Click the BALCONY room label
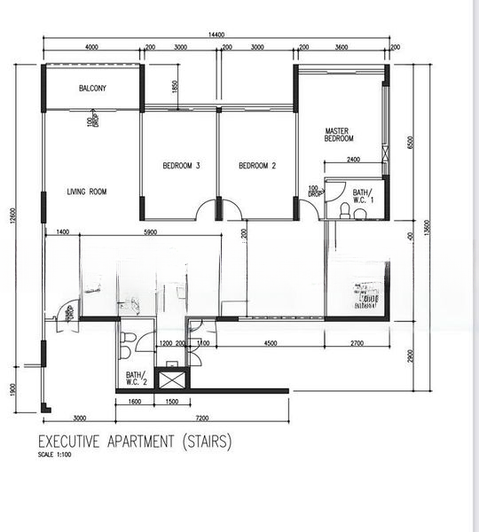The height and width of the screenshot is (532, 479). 92,89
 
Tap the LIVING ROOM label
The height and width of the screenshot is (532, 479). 87,192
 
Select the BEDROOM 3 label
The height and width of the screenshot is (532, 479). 181,166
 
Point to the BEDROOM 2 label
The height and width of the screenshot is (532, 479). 257,166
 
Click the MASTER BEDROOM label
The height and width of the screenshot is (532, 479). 339,134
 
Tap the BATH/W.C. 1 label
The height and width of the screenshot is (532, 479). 363,196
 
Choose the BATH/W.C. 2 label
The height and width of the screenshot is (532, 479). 135,379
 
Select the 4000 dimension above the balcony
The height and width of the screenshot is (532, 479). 91,47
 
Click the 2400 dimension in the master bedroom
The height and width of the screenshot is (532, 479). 353,160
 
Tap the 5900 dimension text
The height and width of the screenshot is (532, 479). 151,231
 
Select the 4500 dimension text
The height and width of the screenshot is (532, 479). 271,342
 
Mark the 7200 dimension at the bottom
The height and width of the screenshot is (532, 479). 201,417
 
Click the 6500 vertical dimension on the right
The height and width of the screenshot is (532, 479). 410,144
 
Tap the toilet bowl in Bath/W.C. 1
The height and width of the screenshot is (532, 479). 344,209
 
